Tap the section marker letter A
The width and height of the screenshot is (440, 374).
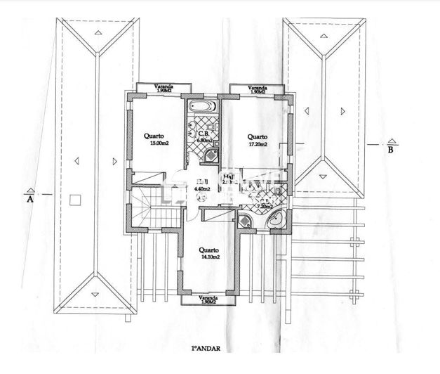(30, 198)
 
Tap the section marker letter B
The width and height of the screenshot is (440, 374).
(391, 149)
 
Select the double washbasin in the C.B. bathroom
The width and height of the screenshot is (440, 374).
(192, 128)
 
